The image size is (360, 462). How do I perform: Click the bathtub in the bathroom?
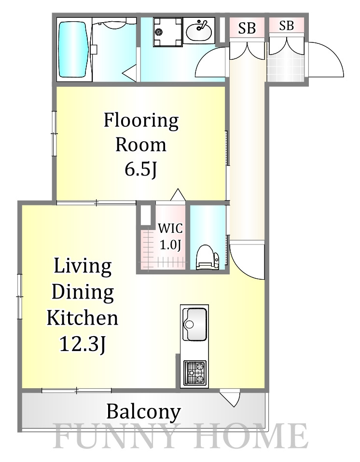click(74, 50)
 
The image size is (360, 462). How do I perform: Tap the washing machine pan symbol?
click(168, 32)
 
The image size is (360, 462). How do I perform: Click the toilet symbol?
click(208, 257)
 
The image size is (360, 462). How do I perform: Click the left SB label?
click(247, 28)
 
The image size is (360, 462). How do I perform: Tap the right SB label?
click(286, 26)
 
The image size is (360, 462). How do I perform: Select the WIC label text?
click(170, 229)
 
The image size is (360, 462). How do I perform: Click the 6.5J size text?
click(140, 169)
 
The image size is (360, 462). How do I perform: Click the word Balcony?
click(143, 412)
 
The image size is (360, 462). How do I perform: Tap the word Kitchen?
click(82, 318)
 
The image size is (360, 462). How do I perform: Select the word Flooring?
click(141, 121)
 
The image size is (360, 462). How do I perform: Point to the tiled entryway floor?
click(285, 68)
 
